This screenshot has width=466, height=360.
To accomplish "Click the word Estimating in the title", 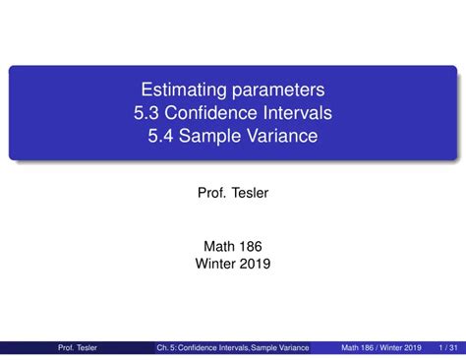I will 180,90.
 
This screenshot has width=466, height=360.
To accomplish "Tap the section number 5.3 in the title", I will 150,113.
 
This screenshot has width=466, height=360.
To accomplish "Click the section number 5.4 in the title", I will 163,136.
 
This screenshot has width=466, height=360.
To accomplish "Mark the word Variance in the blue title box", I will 282,136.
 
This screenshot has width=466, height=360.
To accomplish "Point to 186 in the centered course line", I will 252,245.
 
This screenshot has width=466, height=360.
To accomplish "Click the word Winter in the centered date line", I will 215,263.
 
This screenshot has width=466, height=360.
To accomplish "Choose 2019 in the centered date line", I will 255,263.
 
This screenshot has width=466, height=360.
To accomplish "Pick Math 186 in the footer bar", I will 358,348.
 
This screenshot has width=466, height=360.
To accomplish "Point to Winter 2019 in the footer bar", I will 401,348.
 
